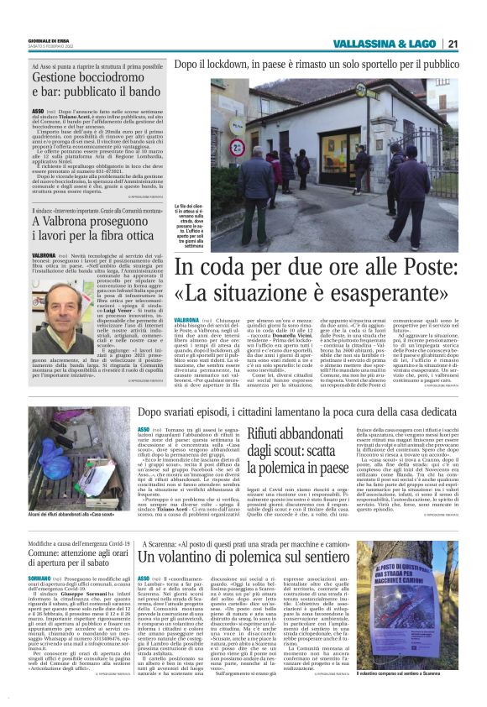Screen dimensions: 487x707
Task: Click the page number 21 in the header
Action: point(452,44)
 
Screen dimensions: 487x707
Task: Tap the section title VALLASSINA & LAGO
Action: point(385,44)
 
